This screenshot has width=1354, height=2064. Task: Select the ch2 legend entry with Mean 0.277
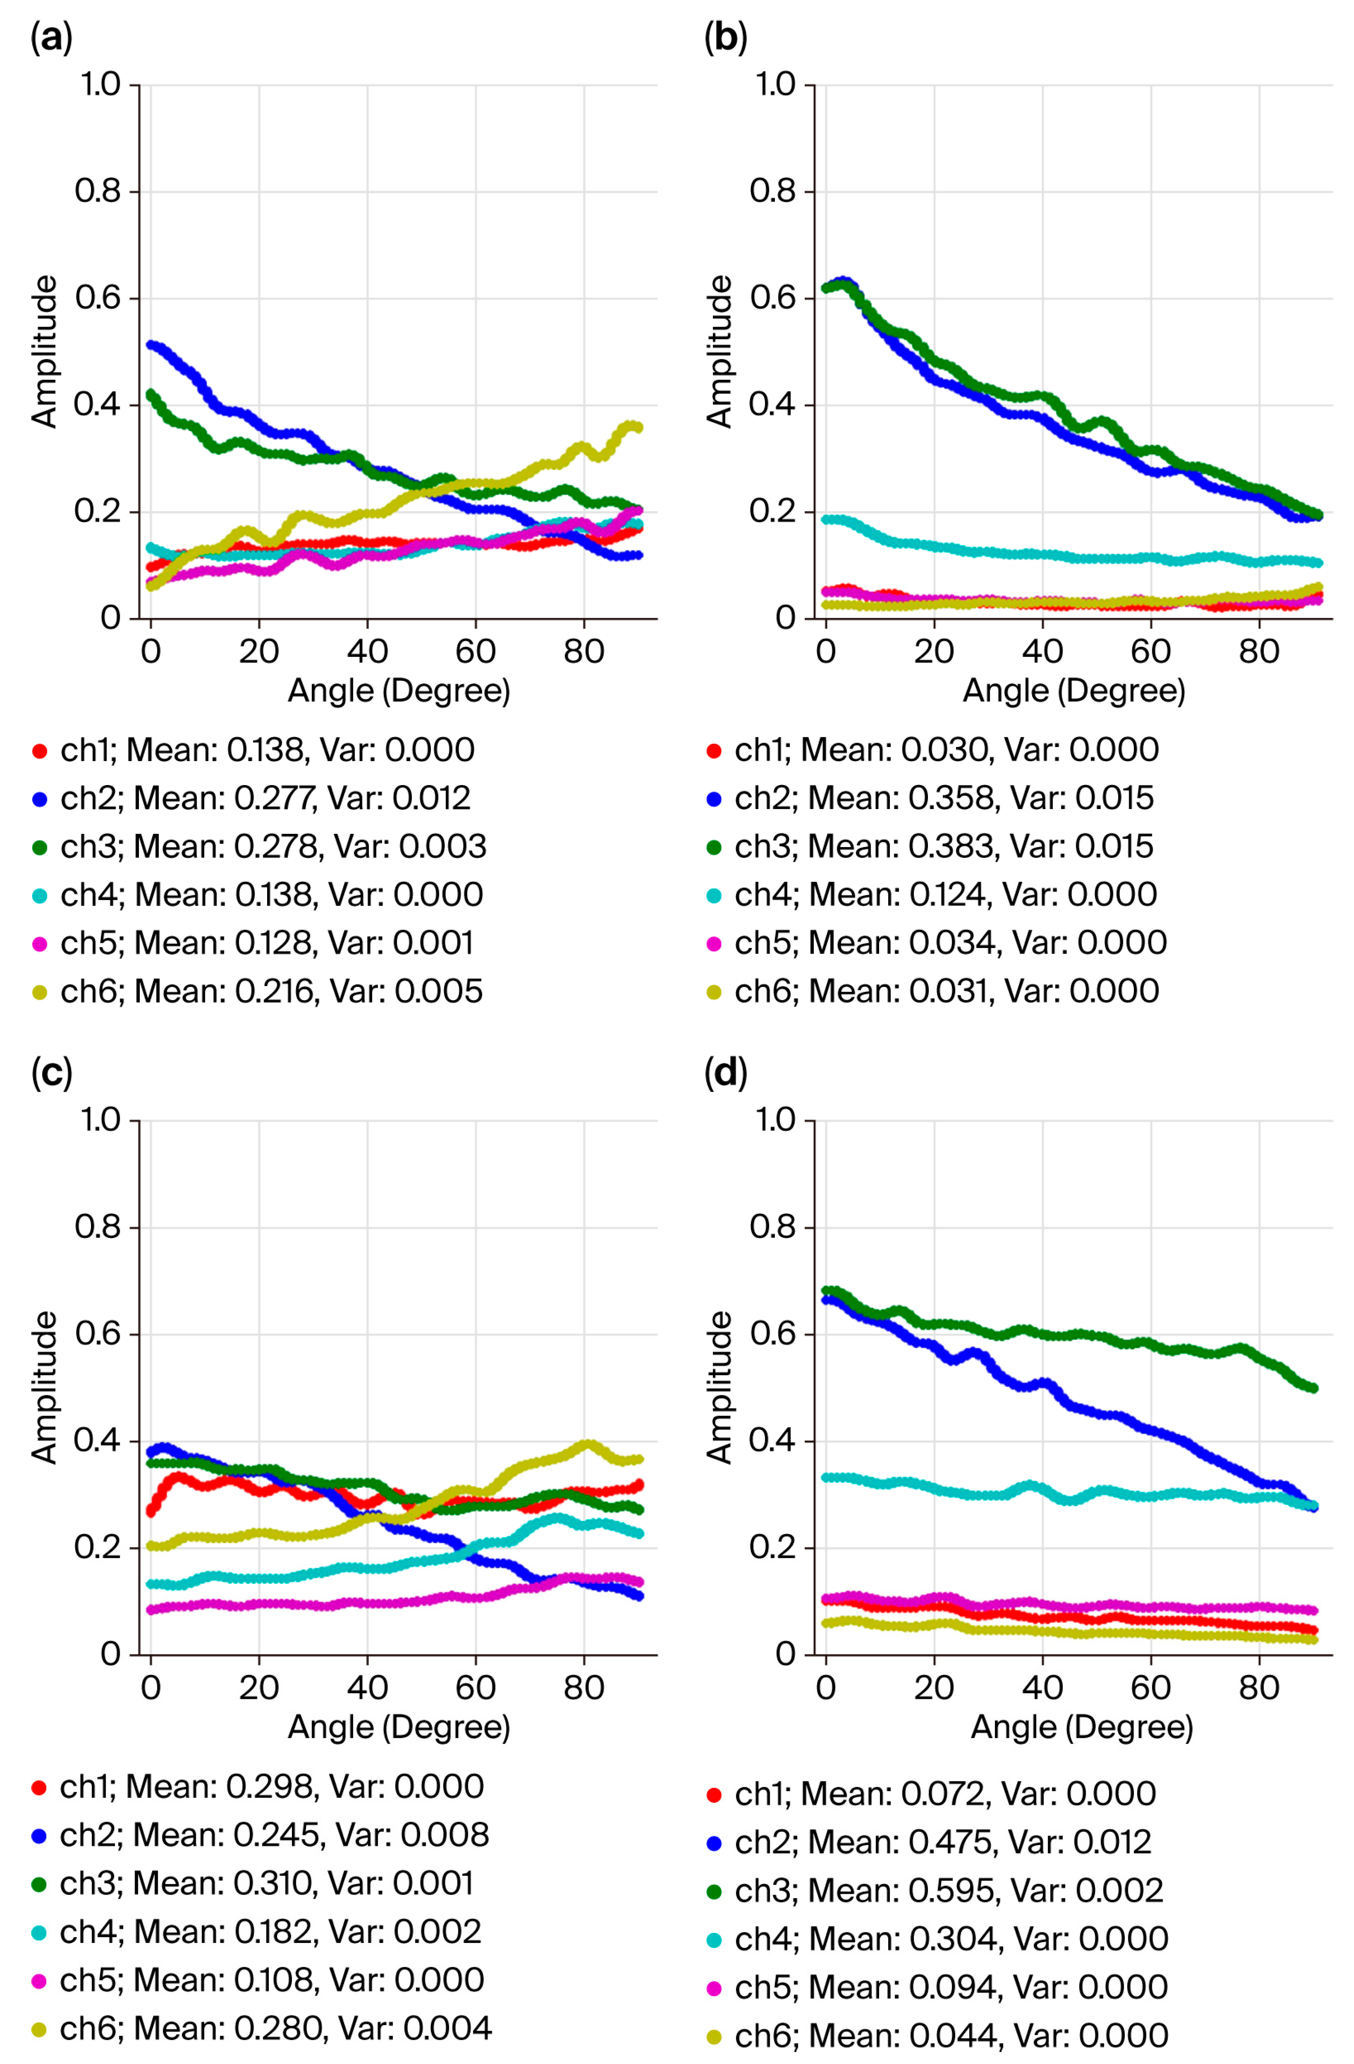click(x=265, y=798)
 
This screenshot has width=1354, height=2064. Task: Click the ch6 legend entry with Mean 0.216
click(x=271, y=991)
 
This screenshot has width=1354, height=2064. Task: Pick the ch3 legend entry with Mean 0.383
click(x=943, y=846)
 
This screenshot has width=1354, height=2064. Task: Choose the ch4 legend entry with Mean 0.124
click(x=945, y=894)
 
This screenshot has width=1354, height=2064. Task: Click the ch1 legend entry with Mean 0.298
click(x=271, y=1786)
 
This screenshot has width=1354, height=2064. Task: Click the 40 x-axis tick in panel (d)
click(x=1042, y=1688)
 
